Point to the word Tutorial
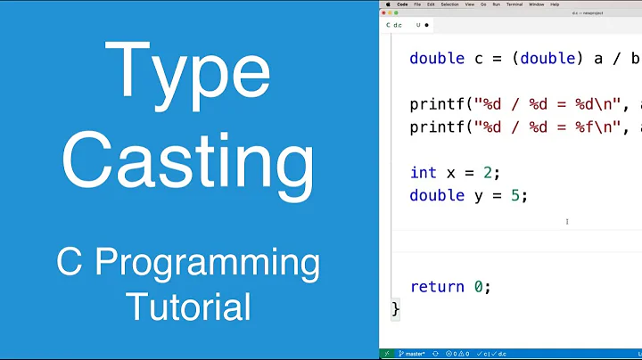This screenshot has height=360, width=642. coord(187,307)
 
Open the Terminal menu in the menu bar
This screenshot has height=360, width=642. coord(514,4)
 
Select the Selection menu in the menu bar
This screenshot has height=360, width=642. coord(449,4)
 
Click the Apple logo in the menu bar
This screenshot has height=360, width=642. coord(388,4)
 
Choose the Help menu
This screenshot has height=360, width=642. coord(555,4)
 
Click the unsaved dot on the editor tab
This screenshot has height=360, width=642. coord(427,25)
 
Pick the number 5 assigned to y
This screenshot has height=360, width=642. coord(514,195)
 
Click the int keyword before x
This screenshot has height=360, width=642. coord(423,172)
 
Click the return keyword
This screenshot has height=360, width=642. coord(438,287)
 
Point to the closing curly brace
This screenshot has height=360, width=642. coord(396,308)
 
